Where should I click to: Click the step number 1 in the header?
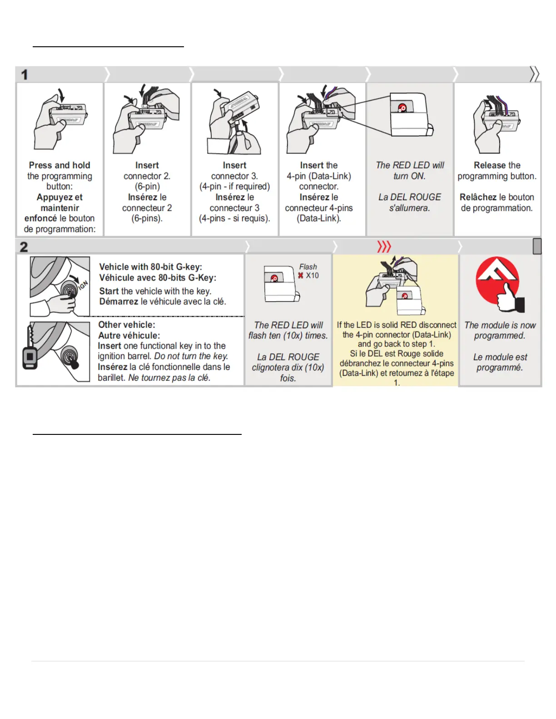pos(25,75)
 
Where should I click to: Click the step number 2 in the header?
pos(24,247)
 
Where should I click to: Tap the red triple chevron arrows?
pos(384,247)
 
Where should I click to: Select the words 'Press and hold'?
pos(60,165)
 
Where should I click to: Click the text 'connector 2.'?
pos(147,176)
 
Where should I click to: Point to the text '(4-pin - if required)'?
pos(234,187)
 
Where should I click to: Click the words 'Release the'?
pos(497,165)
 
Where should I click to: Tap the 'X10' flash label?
pos(312,276)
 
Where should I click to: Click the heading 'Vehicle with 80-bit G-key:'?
pos(151,267)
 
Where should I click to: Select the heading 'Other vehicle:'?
pos(127,325)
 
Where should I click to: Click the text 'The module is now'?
pos(500,325)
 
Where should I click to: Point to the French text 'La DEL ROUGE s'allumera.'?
pos(410,202)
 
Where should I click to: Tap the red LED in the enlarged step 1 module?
pos(402,108)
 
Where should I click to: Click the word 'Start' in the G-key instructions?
pos(109,291)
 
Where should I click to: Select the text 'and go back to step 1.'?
pos(396,344)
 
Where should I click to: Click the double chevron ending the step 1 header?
pos(534,74)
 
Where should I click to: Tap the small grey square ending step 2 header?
pos(537,246)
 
